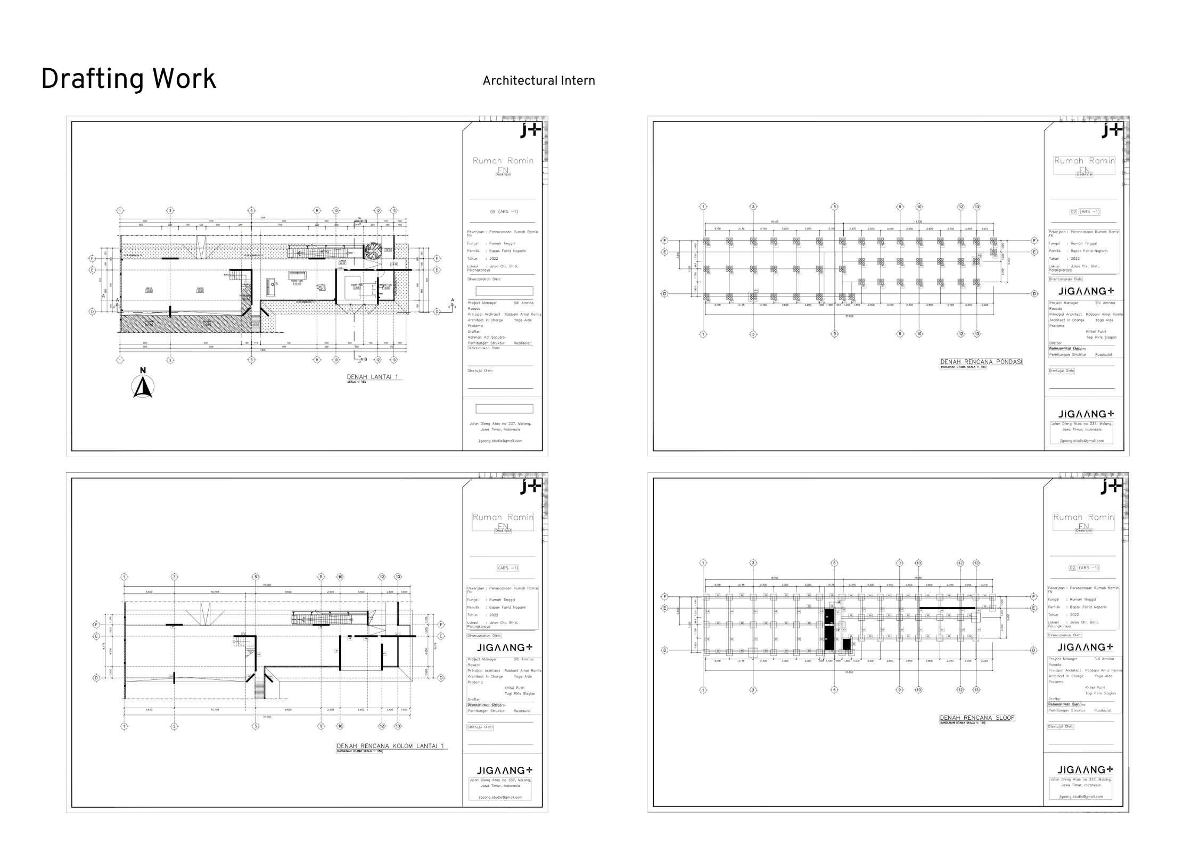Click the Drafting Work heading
[x=128, y=79]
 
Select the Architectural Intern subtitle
[x=538, y=81]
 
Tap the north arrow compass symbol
[x=143, y=386]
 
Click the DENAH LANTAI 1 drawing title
[x=374, y=377]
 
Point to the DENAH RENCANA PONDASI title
[x=981, y=362]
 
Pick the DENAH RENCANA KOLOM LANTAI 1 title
[x=390, y=746]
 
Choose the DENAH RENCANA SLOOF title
[x=977, y=718]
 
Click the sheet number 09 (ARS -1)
[x=504, y=212]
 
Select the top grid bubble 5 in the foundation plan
[x=835, y=207]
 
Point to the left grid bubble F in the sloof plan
[x=664, y=596]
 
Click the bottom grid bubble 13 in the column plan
[x=398, y=726]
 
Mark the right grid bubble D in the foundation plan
[x=1034, y=294]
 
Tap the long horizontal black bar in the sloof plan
[x=947, y=608]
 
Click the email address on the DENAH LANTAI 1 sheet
[x=500, y=441]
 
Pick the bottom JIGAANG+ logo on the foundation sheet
[x=1085, y=414]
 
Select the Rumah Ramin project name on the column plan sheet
[x=503, y=517]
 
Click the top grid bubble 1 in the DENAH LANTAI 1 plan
[x=120, y=211]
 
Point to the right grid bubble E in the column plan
[x=441, y=636]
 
